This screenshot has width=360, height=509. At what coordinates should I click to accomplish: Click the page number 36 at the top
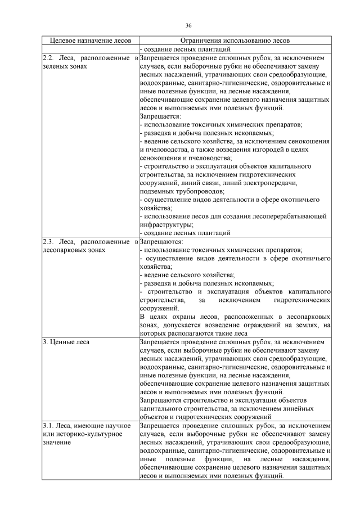coord(188,25)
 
